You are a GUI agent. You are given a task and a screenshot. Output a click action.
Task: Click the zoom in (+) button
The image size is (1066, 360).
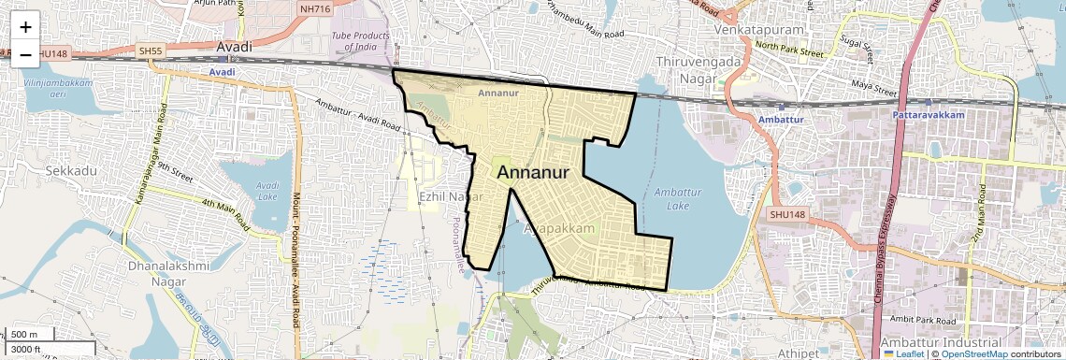(25, 27)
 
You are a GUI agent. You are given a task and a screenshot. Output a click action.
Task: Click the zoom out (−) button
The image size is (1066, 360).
(25, 55)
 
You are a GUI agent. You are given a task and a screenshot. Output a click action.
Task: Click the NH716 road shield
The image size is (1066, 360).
(314, 8)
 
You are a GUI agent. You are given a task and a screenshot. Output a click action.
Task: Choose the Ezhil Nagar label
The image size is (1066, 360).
(451, 197)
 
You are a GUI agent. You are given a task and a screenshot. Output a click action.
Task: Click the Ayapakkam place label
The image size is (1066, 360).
(559, 228)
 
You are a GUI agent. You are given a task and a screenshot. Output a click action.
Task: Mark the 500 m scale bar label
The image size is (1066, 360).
(25, 335)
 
